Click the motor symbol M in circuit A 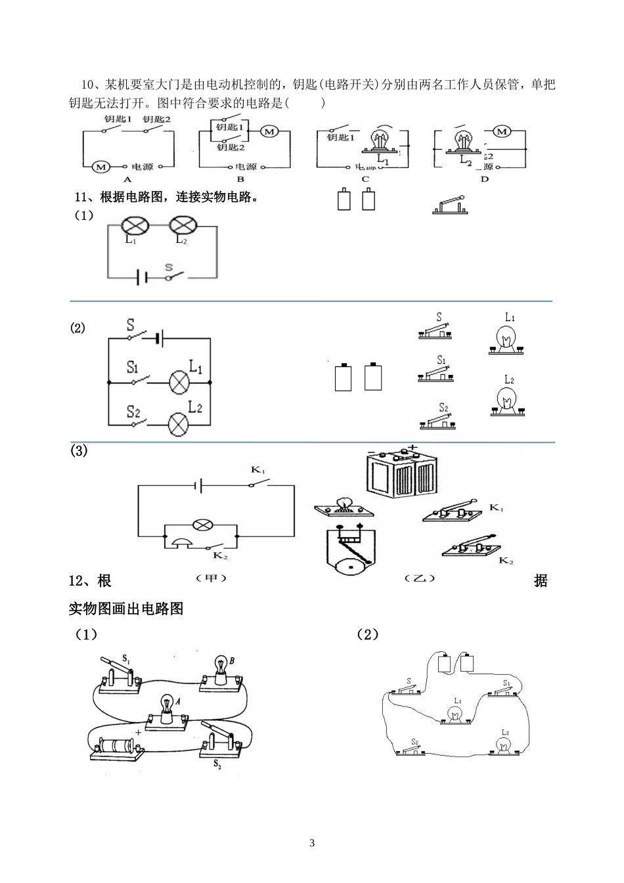tap(100, 167)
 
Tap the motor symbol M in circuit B tap(269, 132)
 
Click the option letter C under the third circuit tap(365, 179)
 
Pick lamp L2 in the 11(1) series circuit tap(183, 226)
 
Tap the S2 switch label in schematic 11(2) tap(133, 412)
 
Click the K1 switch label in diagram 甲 tap(257, 470)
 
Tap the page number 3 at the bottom tap(312, 843)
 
